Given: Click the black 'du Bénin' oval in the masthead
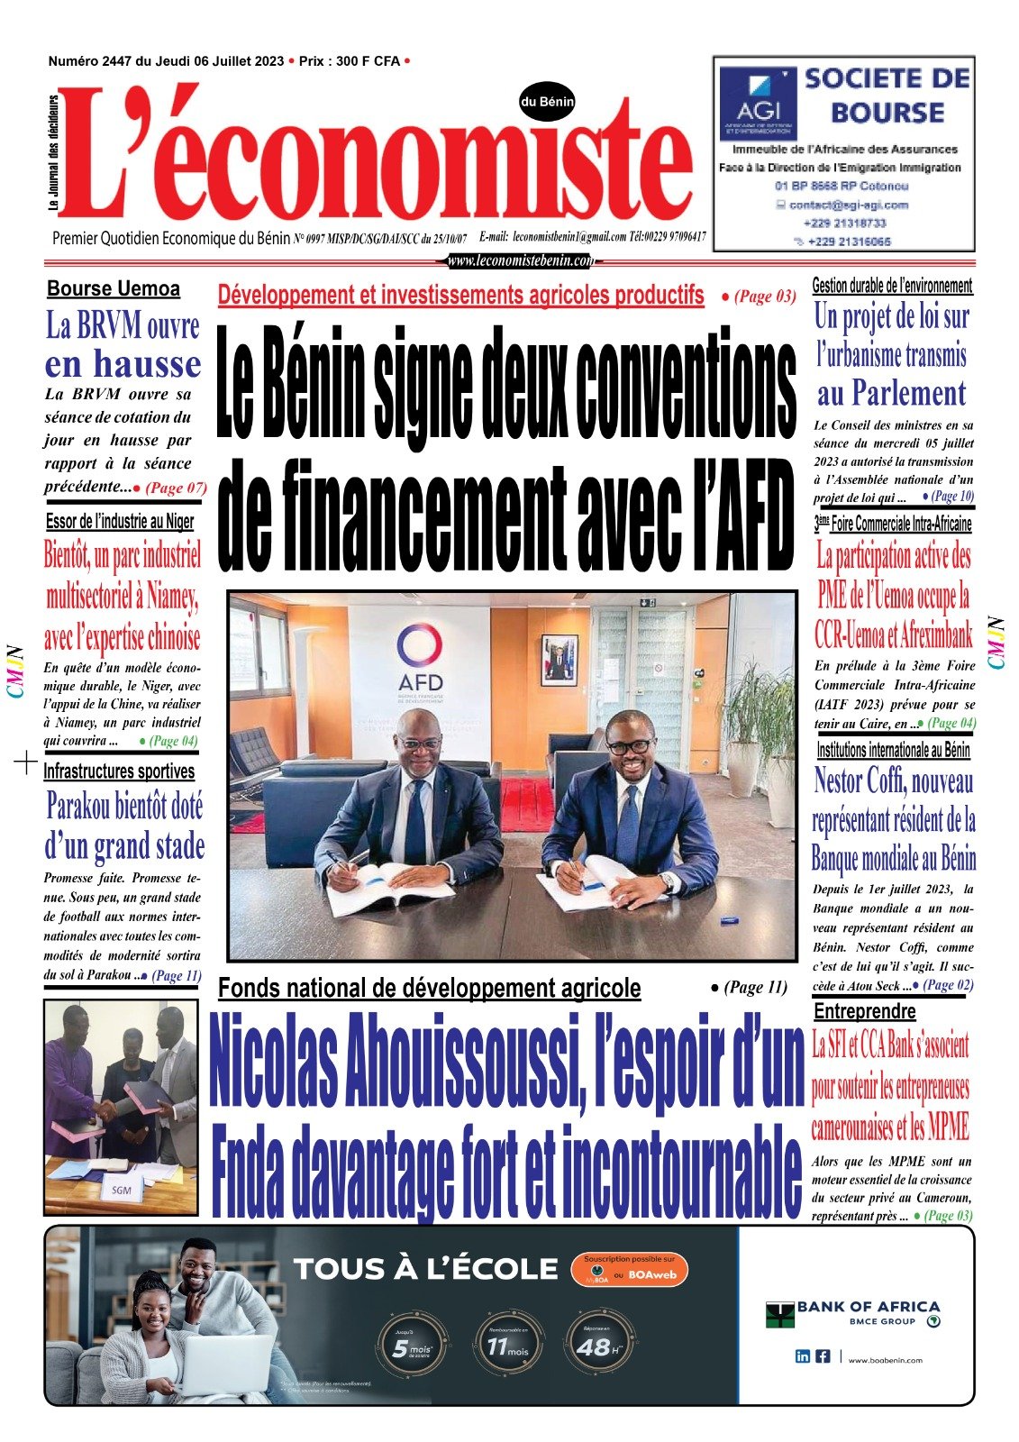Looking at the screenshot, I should point(547,103).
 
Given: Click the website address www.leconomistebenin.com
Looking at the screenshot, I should point(522,260).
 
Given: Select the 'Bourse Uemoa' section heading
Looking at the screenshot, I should point(114,289).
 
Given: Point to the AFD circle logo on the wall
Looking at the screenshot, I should point(420,647).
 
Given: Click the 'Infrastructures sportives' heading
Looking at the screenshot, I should point(119,771).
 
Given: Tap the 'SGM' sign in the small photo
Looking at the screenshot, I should point(122,1190).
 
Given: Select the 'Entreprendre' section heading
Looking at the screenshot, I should point(864,1011).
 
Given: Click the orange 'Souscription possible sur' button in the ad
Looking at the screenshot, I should point(629,1270).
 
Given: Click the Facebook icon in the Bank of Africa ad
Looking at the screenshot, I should point(823,1356).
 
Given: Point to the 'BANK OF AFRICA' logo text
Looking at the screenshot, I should point(867,1306).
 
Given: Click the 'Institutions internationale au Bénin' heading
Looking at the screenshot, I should point(893,750).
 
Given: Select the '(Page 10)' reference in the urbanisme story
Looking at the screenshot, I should point(951,496).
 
